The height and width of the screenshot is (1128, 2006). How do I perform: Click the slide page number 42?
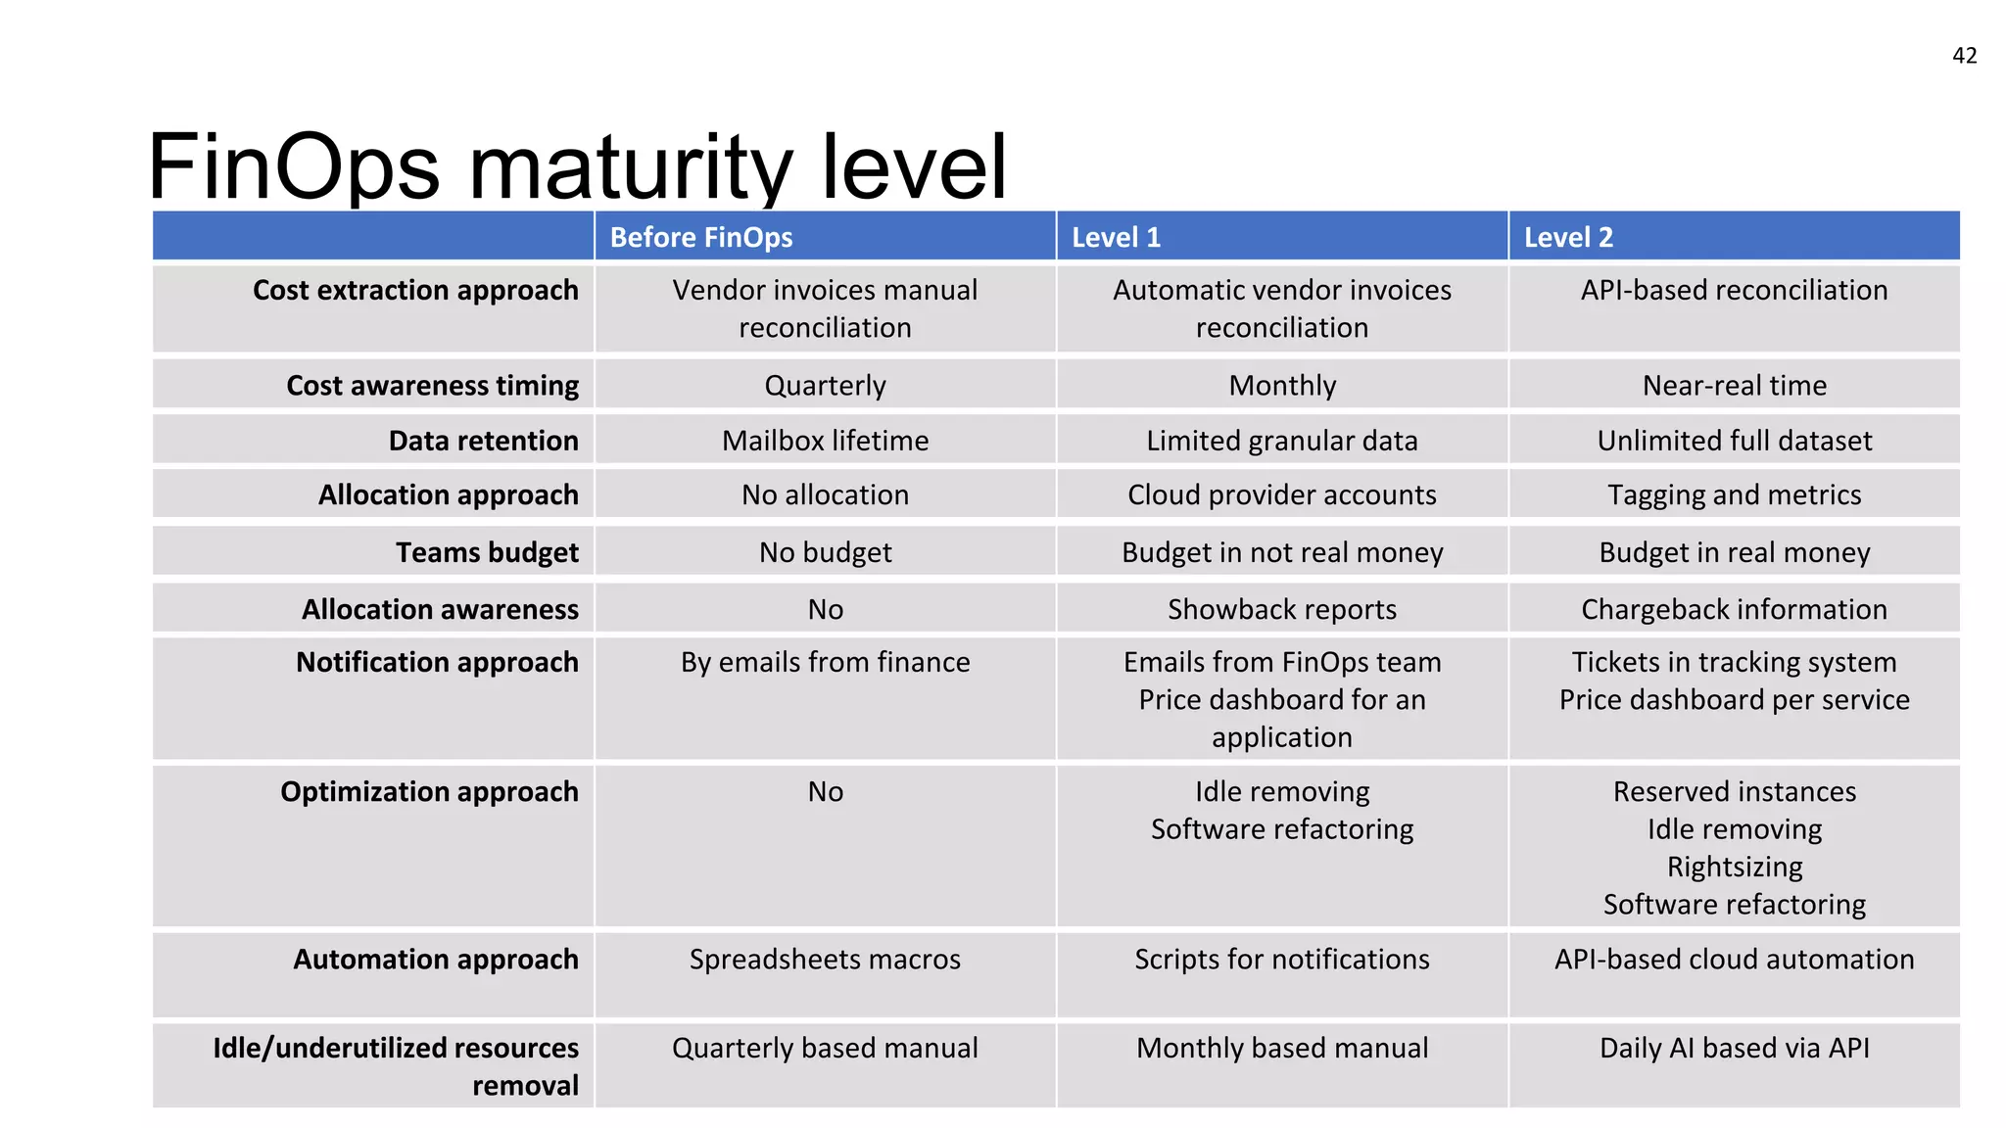click(x=1964, y=56)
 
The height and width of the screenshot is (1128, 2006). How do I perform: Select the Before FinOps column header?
click(x=701, y=238)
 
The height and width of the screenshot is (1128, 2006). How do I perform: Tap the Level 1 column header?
click(x=1116, y=238)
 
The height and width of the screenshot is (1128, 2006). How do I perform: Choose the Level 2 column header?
click(x=1568, y=238)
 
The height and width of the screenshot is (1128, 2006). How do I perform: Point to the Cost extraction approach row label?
click(x=415, y=291)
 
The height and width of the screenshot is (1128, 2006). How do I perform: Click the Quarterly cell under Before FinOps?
click(x=825, y=386)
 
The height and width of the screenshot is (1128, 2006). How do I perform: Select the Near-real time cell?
click(x=1734, y=386)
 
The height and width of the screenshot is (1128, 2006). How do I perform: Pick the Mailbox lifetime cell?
click(x=825, y=441)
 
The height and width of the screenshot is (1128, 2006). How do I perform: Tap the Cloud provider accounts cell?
click(x=1281, y=495)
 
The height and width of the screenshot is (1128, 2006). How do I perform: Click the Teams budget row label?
click(x=487, y=552)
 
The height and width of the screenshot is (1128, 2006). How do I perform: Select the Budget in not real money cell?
click(x=1281, y=552)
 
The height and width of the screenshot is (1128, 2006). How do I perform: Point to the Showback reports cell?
click(x=1281, y=609)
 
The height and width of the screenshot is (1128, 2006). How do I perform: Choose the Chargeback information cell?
click(x=1734, y=609)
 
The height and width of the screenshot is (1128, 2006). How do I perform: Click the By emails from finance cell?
click(x=825, y=663)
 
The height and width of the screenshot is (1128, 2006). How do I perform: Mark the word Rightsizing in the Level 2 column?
click(x=1734, y=867)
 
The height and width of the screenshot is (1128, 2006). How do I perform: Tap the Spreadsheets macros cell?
click(x=825, y=960)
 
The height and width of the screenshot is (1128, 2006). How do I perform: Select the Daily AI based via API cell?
click(x=1734, y=1049)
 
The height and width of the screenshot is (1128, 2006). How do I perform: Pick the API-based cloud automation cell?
click(x=1734, y=960)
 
